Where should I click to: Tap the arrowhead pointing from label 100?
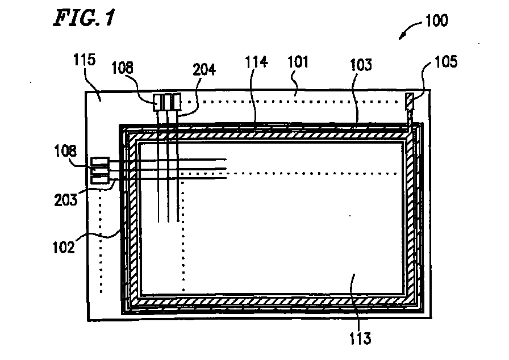coord(402,37)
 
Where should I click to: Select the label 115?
coord(84,60)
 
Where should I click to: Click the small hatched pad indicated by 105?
coord(409,103)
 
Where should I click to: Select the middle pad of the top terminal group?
coord(167,103)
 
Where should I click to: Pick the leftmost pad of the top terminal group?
coord(157,103)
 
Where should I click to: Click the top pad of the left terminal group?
coord(99,162)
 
